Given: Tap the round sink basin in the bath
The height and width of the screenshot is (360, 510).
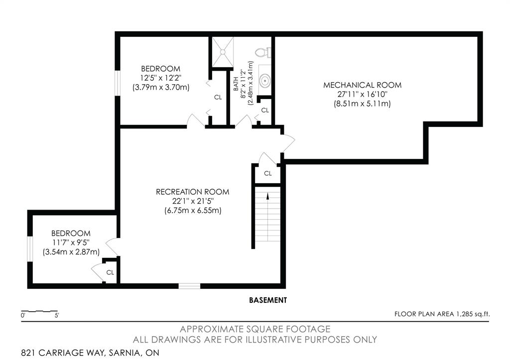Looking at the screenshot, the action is pyautogui.click(x=265, y=80).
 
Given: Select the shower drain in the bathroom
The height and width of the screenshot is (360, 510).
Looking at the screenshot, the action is pyautogui.click(x=223, y=52).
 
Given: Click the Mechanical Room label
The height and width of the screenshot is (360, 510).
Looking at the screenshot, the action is pyautogui.click(x=363, y=85).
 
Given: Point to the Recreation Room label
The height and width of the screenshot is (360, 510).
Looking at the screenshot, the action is pyautogui.click(x=193, y=192).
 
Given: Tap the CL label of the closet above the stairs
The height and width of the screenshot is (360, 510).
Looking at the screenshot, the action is pyautogui.click(x=267, y=173).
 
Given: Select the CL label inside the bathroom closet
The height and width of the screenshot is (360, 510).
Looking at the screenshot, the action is pyautogui.click(x=265, y=110).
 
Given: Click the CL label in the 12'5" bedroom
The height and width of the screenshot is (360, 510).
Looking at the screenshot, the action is pyautogui.click(x=218, y=97).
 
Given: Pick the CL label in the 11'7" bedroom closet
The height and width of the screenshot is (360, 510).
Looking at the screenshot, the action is pyautogui.click(x=110, y=272).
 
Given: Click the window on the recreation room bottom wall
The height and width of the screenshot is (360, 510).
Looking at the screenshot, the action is pyautogui.click(x=189, y=286).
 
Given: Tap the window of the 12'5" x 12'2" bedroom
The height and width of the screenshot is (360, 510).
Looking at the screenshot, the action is pyautogui.click(x=118, y=83).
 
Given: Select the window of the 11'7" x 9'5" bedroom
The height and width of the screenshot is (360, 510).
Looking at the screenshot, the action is pyautogui.click(x=30, y=249).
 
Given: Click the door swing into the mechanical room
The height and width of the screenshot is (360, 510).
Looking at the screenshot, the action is pyautogui.click(x=288, y=142).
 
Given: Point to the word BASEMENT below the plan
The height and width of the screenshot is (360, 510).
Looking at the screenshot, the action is pyautogui.click(x=268, y=300).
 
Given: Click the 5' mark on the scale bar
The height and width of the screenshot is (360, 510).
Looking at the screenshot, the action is pyautogui.click(x=57, y=315).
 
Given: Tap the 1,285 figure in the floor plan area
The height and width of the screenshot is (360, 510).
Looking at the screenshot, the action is pyautogui.click(x=465, y=314).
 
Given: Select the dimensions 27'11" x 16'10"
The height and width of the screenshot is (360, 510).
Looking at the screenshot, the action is pyautogui.click(x=363, y=94).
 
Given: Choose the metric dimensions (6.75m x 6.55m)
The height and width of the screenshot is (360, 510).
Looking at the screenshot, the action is pyautogui.click(x=193, y=211).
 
